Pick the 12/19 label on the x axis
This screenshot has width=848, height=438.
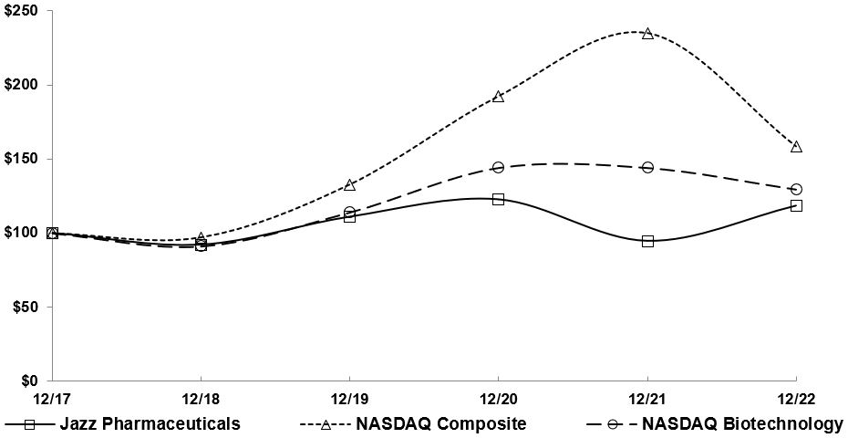(x=348, y=399)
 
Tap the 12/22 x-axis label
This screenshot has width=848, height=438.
(x=796, y=399)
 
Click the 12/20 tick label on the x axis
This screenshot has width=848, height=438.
(x=498, y=399)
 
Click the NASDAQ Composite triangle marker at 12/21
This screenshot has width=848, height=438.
(x=647, y=33)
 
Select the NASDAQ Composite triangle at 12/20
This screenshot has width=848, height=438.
(x=498, y=96)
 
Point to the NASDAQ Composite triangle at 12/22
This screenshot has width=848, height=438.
(x=796, y=146)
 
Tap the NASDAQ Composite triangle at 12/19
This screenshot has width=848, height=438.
(x=349, y=184)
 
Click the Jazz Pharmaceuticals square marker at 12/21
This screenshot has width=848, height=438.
(x=647, y=241)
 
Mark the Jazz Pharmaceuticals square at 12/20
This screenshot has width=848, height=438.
(x=498, y=199)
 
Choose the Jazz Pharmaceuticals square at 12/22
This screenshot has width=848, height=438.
(x=796, y=205)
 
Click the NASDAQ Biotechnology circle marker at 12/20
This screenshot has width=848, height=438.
(x=498, y=168)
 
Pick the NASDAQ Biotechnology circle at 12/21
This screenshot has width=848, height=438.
(x=647, y=168)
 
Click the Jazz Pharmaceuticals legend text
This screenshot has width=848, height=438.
(x=150, y=423)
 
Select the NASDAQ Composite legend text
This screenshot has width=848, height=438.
(x=441, y=423)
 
